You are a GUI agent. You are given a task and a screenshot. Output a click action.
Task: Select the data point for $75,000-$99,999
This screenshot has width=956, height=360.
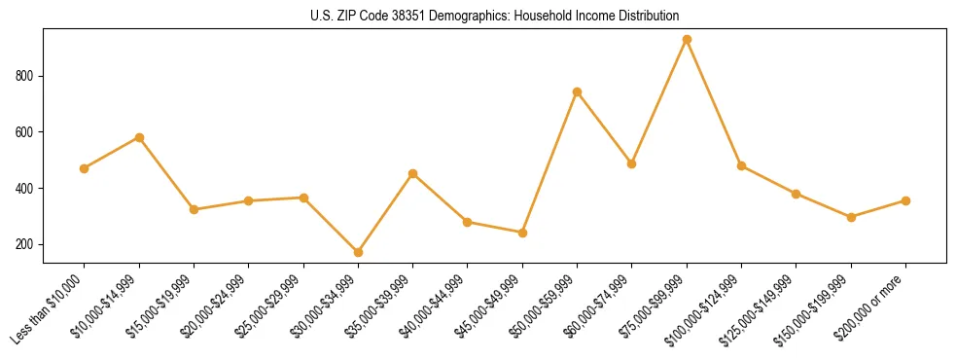point(687,40)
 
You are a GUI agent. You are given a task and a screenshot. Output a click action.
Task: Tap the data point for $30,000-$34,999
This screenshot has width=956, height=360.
point(358,252)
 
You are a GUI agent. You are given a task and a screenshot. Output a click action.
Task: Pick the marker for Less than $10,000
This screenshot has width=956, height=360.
point(85,168)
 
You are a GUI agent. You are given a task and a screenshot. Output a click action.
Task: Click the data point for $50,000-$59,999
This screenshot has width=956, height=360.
point(577,92)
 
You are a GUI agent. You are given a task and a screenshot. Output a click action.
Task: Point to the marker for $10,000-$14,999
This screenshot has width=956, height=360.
point(139,137)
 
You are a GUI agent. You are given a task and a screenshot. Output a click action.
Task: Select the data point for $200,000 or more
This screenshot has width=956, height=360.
point(905,200)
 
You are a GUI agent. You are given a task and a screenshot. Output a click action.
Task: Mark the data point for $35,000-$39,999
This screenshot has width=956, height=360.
point(412,173)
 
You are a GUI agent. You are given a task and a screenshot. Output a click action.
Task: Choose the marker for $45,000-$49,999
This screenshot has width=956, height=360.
point(522,233)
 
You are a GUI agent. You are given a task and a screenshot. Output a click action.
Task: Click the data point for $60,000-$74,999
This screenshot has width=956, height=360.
point(631,163)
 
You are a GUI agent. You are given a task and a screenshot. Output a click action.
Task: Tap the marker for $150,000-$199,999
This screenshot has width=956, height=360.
point(851,217)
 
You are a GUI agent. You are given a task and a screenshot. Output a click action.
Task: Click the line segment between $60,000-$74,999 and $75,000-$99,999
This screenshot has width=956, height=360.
point(659,101)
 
